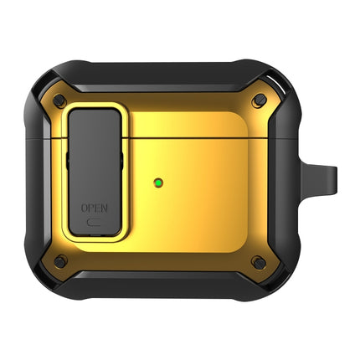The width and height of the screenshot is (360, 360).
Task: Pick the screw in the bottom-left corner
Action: pos(59,262)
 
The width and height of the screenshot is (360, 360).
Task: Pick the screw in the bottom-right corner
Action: pos(260,262)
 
